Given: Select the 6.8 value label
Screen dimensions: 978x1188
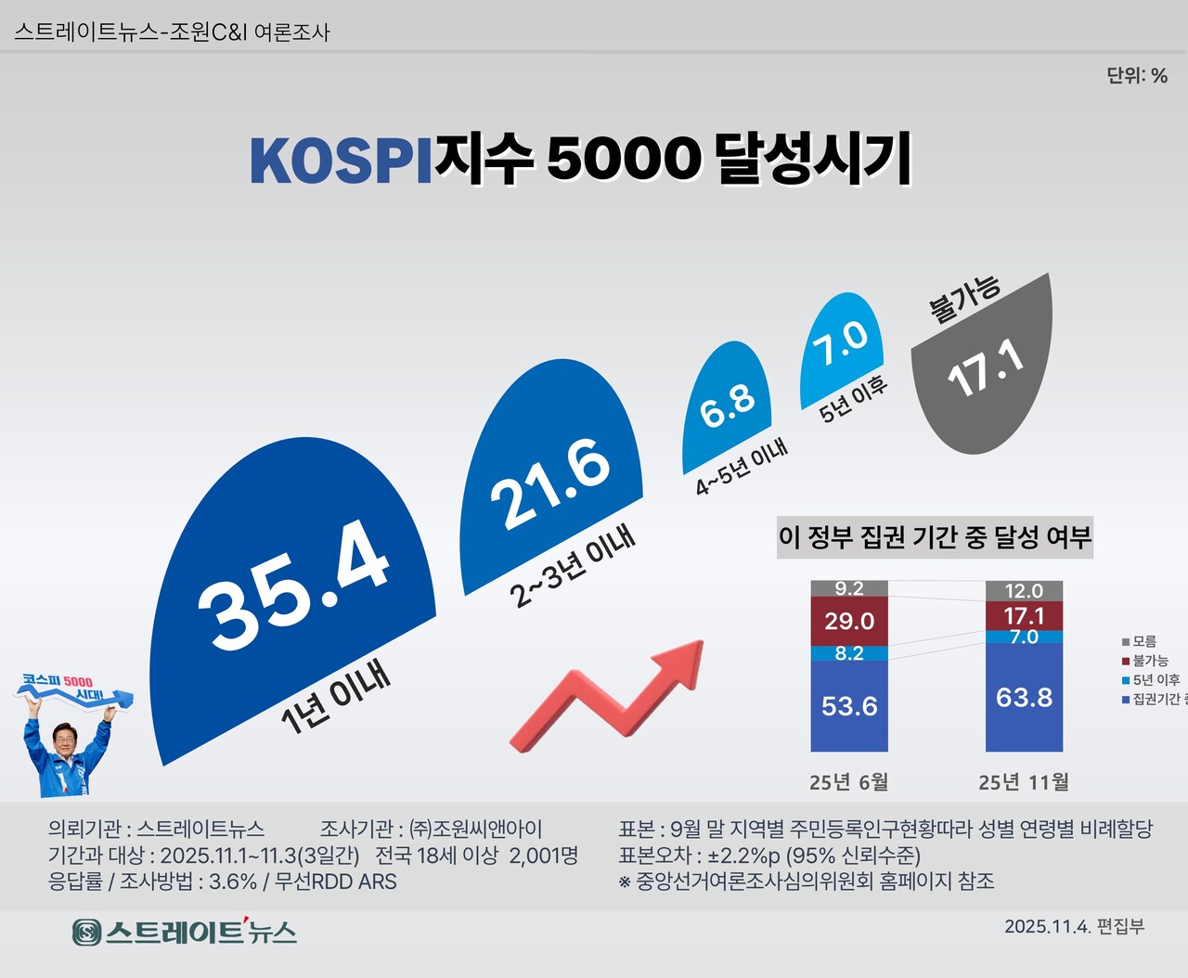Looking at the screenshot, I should [x=727, y=405].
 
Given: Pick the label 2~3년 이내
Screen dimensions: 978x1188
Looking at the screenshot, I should [x=574, y=567].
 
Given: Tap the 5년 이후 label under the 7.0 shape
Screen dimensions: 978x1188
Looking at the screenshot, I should [x=853, y=400].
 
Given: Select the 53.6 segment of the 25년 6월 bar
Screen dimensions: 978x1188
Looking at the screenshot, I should [x=849, y=706].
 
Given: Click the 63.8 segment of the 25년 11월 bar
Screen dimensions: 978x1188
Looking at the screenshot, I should [x=1024, y=697].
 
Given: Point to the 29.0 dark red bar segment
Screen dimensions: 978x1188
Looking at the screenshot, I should [x=849, y=621].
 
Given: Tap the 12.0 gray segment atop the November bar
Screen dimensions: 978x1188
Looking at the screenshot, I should [x=1024, y=591].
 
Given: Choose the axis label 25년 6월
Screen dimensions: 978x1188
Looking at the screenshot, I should [x=848, y=782].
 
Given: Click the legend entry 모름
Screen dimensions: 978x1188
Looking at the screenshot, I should [x=1144, y=641].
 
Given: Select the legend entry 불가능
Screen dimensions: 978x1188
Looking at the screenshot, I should [x=1150, y=661].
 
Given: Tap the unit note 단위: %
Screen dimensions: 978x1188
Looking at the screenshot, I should [x=1137, y=76].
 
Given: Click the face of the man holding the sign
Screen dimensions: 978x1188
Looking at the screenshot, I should [x=68, y=739].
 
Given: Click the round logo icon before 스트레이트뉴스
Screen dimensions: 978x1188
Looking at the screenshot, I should [x=87, y=932].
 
